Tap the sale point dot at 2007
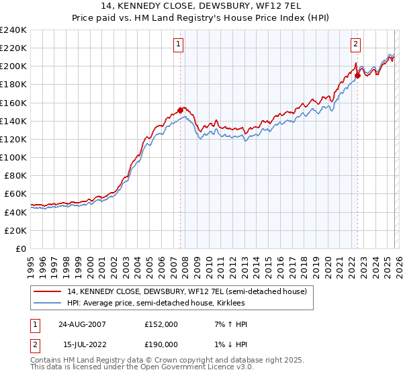click(180, 110)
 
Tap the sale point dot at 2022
click(357, 75)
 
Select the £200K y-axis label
click(13, 66)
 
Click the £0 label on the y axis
click(20, 248)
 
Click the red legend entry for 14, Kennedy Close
click(187, 291)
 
